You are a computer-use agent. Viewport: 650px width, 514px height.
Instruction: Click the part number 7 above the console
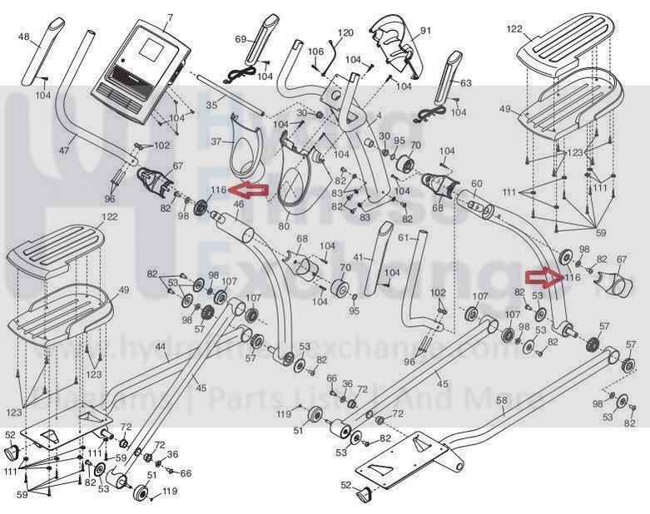tap(170, 17)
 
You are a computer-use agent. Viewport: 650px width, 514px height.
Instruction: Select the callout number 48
tap(23, 37)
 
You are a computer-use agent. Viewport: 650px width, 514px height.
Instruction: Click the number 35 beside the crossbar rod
tap(211, 106)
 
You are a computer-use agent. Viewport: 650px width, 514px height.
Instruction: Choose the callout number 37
tap(216, 142)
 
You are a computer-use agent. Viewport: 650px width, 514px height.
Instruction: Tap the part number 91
tap(426, 31)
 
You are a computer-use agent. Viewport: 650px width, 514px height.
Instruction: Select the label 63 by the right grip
tap(464, 83)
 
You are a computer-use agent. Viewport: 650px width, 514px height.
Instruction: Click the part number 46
tap(238, 204)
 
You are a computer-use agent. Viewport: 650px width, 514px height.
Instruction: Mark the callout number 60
tap(477, 183)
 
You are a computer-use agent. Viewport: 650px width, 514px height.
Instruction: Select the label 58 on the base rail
tap(500, 401)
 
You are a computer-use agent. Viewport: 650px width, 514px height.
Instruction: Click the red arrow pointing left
tap(252, 191)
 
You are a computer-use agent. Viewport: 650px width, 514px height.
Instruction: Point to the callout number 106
tap(315, 52)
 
